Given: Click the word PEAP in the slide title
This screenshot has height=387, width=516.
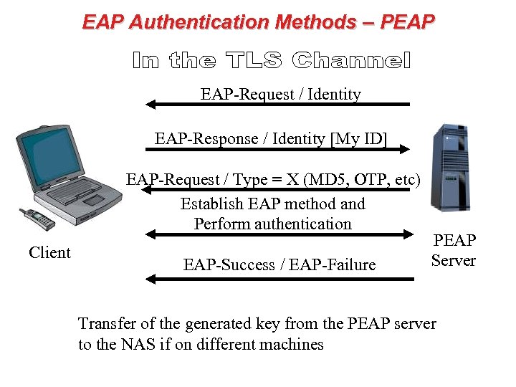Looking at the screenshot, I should tap(406, 21).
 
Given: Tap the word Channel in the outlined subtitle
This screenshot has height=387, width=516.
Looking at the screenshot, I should tap(352, 61).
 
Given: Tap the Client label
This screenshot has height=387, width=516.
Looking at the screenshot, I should tap(49, 252).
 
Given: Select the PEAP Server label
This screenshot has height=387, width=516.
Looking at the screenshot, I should tap(454, 250).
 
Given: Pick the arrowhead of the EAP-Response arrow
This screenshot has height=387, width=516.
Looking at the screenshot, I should tap(405, 149).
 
